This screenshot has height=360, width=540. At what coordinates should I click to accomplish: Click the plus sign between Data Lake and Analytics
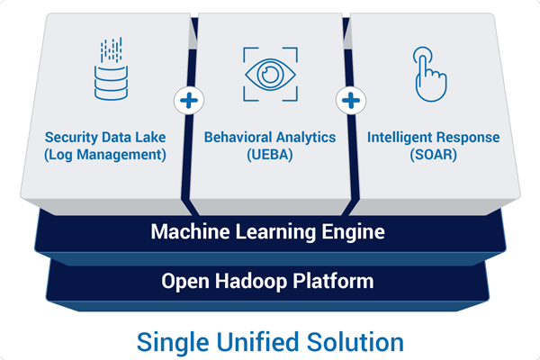[187, 100]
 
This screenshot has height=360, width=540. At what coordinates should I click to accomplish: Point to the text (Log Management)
[106, 154]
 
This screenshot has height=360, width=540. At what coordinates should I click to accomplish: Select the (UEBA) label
[269, 154]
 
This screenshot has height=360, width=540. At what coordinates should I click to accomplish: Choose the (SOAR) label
[433, 154]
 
